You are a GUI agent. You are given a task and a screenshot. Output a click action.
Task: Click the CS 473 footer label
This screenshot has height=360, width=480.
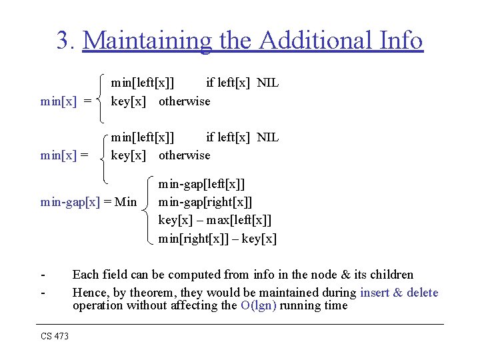click(55, 337)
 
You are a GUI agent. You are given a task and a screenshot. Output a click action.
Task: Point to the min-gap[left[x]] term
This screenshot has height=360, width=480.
click(201, 183)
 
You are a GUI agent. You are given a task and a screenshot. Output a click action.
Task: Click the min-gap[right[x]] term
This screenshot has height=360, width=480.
click(205, 201)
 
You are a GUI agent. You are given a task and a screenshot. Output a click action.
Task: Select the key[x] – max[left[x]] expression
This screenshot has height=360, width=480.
click(215, 220)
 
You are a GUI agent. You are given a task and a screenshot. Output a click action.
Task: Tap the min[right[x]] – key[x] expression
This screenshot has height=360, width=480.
click(217, 239)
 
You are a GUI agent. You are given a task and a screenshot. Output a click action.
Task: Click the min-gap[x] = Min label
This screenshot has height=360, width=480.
click(88, 201)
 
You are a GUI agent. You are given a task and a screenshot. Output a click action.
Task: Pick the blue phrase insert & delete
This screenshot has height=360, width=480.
click(399, 293)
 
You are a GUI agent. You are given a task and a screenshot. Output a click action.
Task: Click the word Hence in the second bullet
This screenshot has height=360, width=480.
click(89, 293)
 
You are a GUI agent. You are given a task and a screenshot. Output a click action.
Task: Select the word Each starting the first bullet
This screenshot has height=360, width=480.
click(85, 275)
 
